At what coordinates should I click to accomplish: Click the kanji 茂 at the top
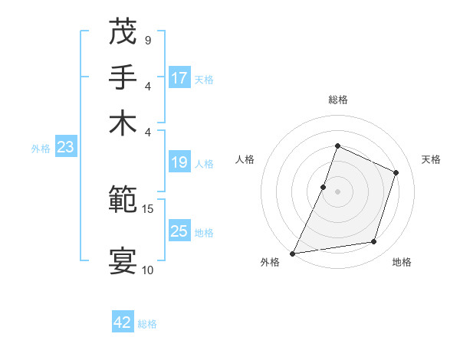click(123, 32)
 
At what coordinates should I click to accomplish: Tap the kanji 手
click(123, 77)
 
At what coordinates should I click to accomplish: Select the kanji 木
click(123, 123)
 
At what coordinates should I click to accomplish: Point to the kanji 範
click(123, 201)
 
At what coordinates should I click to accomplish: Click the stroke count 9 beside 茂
click(147, 40)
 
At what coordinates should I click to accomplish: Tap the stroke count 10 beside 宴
click(148, 270)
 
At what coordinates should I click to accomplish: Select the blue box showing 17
click(179, 78)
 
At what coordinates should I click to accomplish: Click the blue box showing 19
click(179, 162)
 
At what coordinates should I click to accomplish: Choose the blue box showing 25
click(179, 231)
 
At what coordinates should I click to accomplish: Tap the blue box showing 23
click(64, 148)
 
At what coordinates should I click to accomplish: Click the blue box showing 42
click(123, 322)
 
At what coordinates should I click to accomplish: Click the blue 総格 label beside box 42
click(147, 324)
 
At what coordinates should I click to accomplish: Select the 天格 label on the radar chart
click(431, 159)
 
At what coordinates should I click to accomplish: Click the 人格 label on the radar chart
click(245, 159)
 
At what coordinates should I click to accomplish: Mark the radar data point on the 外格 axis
click(293, 253)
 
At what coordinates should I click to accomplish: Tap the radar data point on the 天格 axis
click(396, 172)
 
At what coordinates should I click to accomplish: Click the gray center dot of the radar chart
click(337, 191)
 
